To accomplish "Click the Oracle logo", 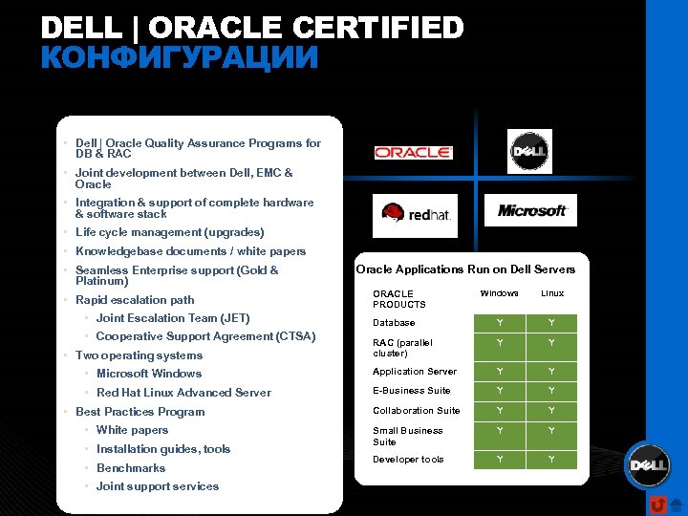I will pyautogui.click(x=413, y=153).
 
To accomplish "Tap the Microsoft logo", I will pyautogui.click(x=532, y=210).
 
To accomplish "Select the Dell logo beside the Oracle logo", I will pyautogui.click(x=529, y=151).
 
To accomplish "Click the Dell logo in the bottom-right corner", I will pyautogui.click(x=647, y=465).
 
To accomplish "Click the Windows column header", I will pyautogui.click(x=499, y=293).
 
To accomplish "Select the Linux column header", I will pyautogui.click(x=552, y=293).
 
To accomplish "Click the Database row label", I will pyautogui.click(x=394, y=323).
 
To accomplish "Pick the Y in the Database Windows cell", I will pyautogui.click(x=499, y=323).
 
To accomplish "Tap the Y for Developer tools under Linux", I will pyautogui.click(x=552, y=460).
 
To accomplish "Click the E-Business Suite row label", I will pyautogui.click(x=411, y=391).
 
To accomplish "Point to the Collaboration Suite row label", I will pyautogui.click(x=416, y=411).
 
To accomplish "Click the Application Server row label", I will pyautogui.click(x=415, y=372).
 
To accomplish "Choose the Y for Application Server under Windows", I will pyautogui.click(x=499, y=372).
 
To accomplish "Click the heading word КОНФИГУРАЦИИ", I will pyautogui.click(x=179, y=58).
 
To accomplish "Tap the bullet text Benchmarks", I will pyautogui.click(x=131, y=468).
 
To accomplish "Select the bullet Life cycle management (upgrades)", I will pyautogui.click(x=169, y=232).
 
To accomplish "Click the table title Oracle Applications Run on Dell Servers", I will pyautogui.click(x=466, y=269).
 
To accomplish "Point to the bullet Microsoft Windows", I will pyautogui.click(x=149, y=374).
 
